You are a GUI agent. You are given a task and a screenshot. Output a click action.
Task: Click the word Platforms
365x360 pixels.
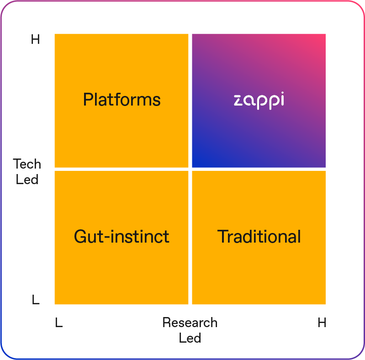coord(122,100)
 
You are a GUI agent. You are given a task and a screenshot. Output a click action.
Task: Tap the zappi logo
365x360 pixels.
coord(259,101)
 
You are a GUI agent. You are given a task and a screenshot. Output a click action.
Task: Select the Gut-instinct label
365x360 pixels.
coord(122,236)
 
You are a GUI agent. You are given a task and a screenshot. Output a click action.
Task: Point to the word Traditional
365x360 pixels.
coord(259,236)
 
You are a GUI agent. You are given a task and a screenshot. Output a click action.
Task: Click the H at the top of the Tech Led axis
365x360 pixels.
coord(35,39)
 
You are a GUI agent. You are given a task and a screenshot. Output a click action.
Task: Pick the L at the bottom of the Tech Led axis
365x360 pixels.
coord(36,299)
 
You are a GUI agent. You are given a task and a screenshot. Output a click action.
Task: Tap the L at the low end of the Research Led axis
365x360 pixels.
coord(59,323)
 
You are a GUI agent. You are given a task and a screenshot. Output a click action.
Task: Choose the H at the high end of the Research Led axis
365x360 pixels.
coord(322,323)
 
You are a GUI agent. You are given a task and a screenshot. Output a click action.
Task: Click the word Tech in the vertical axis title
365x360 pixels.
coord(27,164)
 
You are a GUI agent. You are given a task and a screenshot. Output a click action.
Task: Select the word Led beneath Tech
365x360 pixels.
coord(27,180)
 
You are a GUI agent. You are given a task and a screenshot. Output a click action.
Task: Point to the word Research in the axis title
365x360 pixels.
coord(190,323)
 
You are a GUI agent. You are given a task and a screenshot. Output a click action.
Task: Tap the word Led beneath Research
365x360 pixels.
coord(190,338)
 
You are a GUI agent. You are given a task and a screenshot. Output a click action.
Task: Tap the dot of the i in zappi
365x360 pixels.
coord(282,93)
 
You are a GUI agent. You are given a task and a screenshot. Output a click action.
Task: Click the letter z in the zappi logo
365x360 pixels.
coord(238,101)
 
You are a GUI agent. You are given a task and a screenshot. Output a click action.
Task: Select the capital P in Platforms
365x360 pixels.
coord(88,100)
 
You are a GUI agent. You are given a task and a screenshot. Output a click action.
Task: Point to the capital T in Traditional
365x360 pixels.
coord(222,236)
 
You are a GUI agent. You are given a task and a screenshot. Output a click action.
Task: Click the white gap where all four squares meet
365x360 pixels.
coord(190,169)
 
